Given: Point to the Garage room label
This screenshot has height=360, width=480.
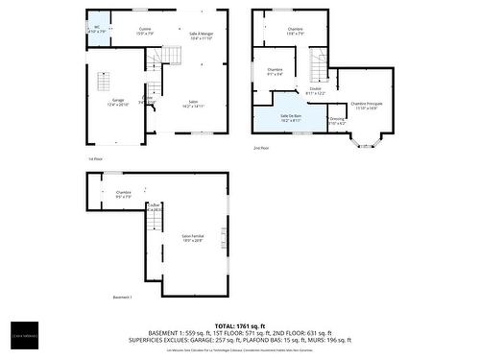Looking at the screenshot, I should coord(118,102).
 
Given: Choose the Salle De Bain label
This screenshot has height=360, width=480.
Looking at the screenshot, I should coord(291,119).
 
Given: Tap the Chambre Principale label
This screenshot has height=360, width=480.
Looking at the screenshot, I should coord(367,106).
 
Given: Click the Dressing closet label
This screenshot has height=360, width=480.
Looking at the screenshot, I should coord(337,121).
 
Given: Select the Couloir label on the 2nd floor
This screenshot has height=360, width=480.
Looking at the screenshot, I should coord(315,91).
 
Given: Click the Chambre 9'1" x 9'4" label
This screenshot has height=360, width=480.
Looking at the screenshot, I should coord(275,72).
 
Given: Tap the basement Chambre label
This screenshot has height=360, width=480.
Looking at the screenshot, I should coord(124,195).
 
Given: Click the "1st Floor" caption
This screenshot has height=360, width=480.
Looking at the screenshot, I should coord(95,158).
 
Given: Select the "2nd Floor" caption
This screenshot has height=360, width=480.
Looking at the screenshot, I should coord(261,149).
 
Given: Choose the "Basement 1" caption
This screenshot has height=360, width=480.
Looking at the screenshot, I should coord(122,298).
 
